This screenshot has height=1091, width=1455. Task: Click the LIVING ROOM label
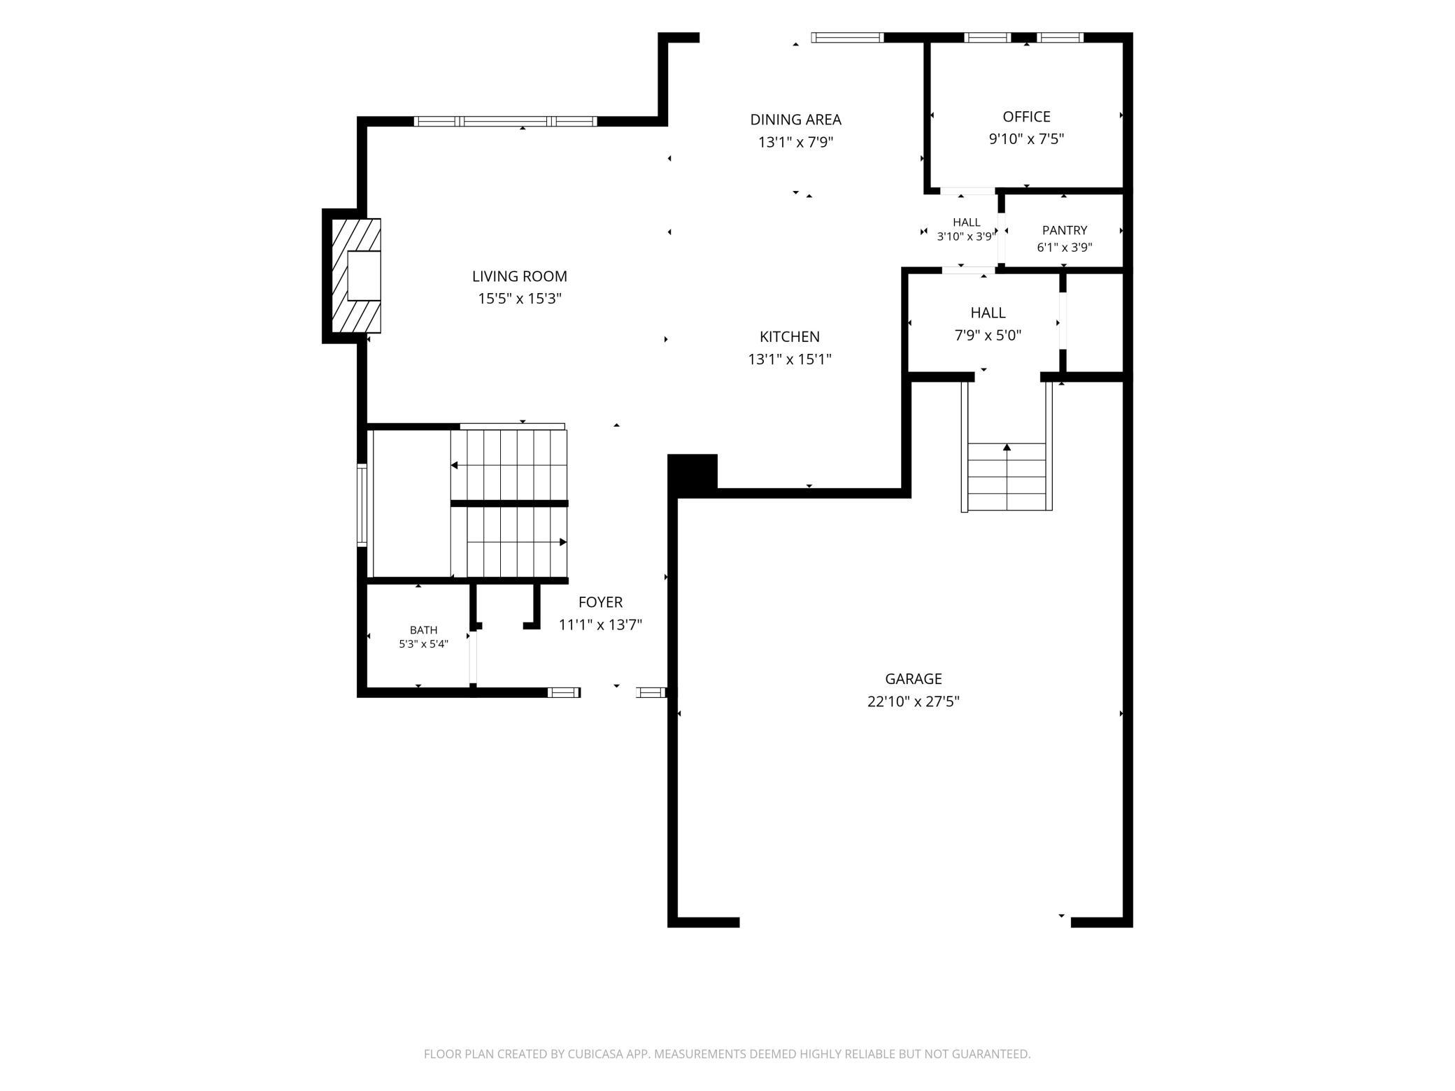(520, 276)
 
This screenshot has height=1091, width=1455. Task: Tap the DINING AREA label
(795, 120)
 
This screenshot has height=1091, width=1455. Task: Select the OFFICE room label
(1026, 117)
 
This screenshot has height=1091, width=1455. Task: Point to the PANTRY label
(1065, 230)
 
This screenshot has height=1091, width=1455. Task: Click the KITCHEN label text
(790, 336)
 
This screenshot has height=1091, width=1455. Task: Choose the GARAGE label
(914, 678)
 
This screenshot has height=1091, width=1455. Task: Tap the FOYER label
(600, 602)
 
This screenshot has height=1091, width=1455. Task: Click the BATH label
(423, 630)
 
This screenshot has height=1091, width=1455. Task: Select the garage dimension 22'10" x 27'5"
(914, 701)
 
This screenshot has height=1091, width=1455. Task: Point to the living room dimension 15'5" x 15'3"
(520, 299)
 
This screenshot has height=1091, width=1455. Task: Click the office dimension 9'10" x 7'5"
(1026, 139)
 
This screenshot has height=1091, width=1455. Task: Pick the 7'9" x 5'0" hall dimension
(988, 335)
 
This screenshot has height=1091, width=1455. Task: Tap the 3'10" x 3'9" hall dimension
(965, 236)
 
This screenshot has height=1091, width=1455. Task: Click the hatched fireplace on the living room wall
(356, 276)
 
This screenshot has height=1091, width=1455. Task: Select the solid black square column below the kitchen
(693, 472)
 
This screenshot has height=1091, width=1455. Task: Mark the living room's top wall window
(505, 122)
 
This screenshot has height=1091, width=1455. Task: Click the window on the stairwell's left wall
(362, 505)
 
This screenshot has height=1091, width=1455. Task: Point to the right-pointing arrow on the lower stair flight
(517, 542)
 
